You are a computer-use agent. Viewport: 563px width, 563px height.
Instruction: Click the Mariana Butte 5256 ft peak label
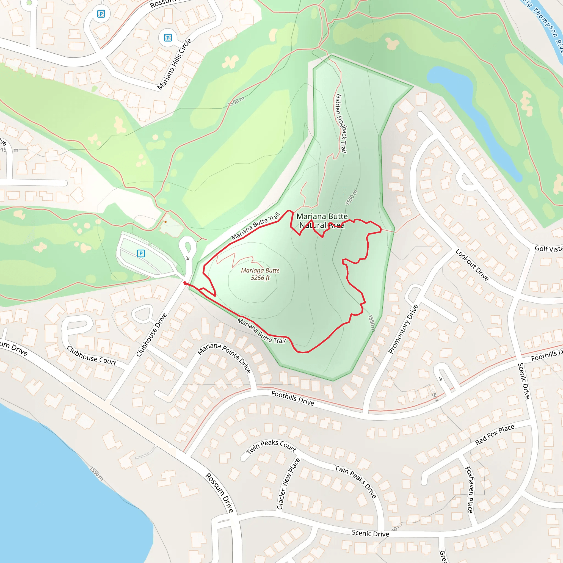(260, 274)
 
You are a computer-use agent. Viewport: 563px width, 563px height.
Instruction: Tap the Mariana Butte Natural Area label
(322, 220)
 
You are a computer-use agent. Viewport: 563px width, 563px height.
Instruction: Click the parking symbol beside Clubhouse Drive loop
(141, 253)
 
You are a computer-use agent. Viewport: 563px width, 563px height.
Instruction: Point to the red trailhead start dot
(185, 283)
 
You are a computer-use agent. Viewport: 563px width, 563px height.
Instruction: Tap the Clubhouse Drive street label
(151, 335)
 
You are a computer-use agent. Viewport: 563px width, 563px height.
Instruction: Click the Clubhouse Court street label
(92, 356)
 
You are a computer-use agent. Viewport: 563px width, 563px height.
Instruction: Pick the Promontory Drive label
(403, 329)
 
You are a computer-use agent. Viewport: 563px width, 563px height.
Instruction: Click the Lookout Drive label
(472, 265)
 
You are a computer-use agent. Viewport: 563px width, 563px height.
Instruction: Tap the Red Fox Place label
(495, 435)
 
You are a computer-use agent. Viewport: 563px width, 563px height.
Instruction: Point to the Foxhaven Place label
(469, 490)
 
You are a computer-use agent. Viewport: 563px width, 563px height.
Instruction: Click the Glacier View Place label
(288, 484)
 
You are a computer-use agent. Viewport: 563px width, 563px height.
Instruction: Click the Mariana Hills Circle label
(174, 64)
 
